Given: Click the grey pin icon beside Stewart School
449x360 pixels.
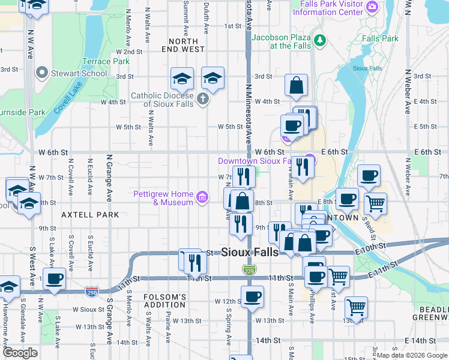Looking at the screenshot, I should click(x=41, y=74).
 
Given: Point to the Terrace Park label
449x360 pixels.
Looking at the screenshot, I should click(x=106, y=61).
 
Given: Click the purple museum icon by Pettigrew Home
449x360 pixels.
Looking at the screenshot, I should click(x=202, y=197).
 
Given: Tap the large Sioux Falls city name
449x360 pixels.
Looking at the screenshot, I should click(x=250, y=253).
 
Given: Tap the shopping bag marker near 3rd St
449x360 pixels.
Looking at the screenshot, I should click(x=296, y=86).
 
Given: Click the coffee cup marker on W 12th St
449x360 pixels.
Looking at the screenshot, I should click(x=252, y=296).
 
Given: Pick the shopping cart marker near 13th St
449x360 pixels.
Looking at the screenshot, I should click(x=356, y=308).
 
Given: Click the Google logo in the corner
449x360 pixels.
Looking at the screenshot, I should click(x=20, y=353).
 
